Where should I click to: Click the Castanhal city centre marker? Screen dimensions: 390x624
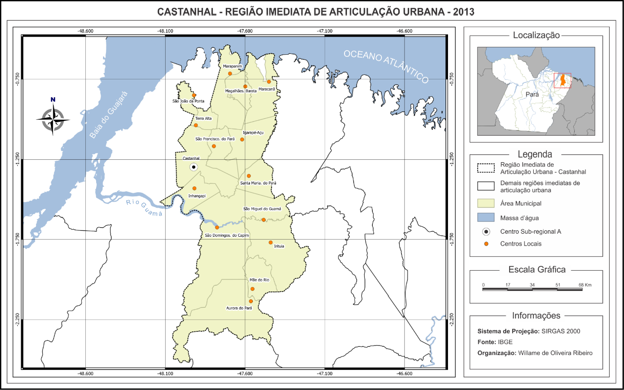[x=194, y=167]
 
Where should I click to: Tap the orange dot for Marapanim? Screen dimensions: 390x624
[x=230, y=73]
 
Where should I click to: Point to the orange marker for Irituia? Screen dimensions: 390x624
[x=271, y=242]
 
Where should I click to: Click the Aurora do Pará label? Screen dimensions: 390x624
[x=239, y=308]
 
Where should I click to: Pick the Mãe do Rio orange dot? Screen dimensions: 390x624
[x=252, y=289]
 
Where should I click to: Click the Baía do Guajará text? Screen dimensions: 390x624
[x=108, y=114]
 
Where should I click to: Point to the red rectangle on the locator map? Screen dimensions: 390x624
[x=562, y=80]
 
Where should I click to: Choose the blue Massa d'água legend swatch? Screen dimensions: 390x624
[x=485, y=217]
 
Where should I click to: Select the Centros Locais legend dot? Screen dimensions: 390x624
[x=486, y=244]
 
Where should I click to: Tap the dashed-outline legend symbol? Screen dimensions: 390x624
[x=485, y=168]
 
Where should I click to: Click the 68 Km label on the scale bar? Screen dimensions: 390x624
[x=585, y=285]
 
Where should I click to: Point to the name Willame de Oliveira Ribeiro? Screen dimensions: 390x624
[x=555, y=353]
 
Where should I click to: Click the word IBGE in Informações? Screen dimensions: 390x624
[x=505, y=342]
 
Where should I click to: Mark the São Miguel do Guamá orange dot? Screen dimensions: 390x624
[x=264, y=220]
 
